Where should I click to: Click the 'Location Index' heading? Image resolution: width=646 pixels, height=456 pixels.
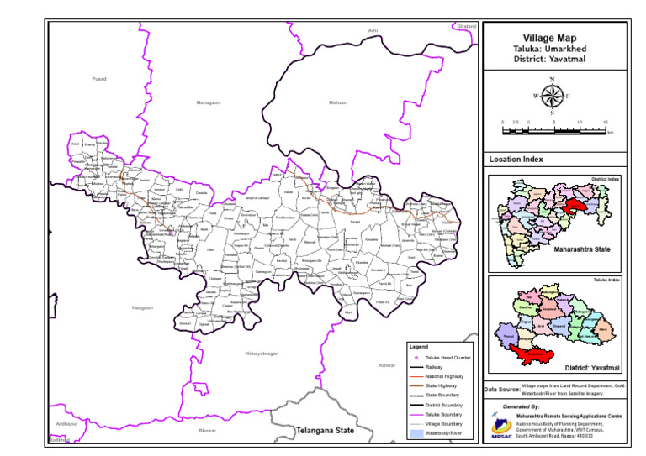click(x=516, y=159)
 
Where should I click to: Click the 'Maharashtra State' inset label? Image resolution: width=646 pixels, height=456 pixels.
click(x=581, y=249)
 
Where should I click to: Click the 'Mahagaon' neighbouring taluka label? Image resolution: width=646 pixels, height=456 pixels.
click(x=208, y=102)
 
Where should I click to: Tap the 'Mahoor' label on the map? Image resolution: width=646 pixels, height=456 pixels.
click(x=337, y=102)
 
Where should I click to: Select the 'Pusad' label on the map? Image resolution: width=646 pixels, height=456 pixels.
click(x=99, y=79)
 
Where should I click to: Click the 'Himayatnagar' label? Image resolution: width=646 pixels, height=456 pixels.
click(x=261, y=354)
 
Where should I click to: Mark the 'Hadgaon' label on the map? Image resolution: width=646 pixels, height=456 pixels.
click(x=143, y=308)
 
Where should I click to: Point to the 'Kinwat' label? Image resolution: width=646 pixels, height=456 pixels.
click(x=387, y=365)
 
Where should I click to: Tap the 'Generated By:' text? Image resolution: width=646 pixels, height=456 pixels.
click(x=522, y=406)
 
